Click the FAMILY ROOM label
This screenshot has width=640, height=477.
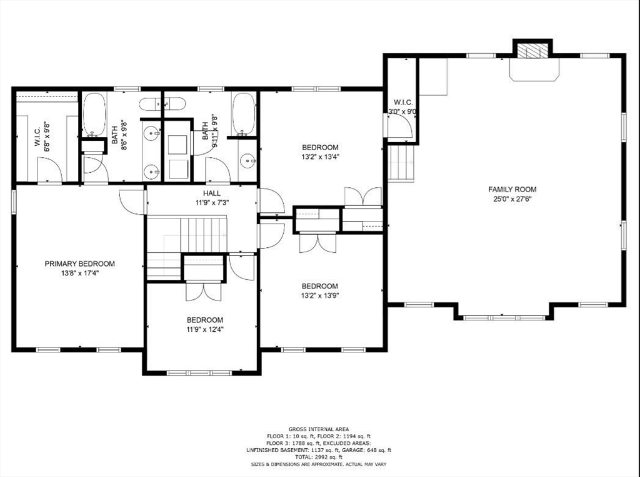pos(512,189)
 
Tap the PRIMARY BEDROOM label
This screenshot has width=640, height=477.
pos(79,264)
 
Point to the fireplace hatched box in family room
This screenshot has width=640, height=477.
pos(532,51)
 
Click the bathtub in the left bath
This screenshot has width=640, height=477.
pos(94,114)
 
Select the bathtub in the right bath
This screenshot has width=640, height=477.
pos(243,114)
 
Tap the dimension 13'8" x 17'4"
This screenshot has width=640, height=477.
pos(79,273)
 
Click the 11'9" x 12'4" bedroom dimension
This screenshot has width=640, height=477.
pos(204,329)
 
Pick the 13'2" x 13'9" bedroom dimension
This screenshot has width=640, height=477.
pos(320,295)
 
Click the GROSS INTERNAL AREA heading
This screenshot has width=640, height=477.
pos(319,429)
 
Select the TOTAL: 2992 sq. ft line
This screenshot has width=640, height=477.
pos(319,457)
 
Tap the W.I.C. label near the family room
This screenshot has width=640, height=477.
pos(401,102)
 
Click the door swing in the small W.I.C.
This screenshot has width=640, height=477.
pos(400,126)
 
